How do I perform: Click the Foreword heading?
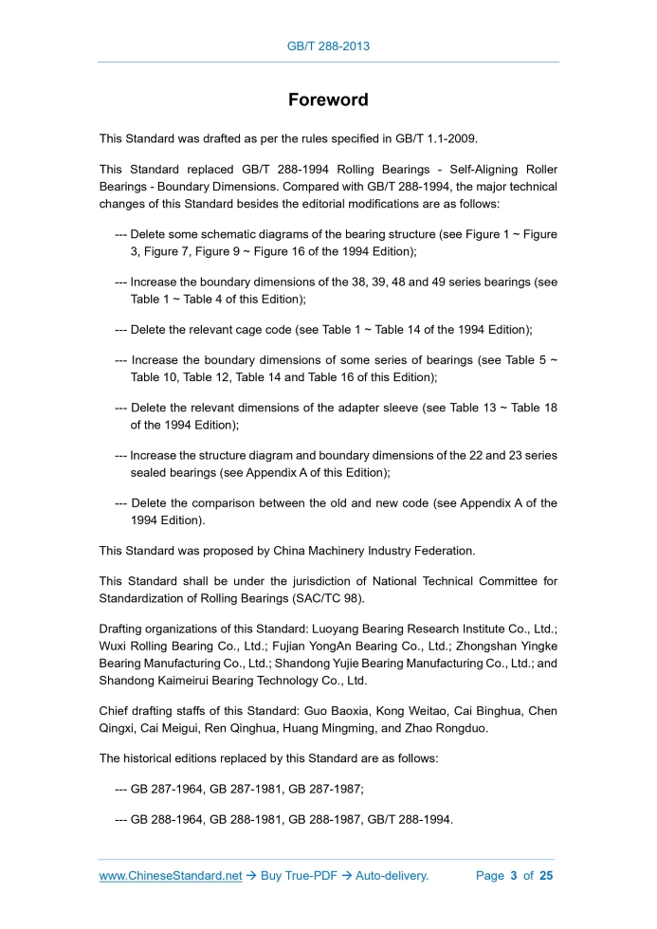click(328, 100)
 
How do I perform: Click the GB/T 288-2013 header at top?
click(328, 46)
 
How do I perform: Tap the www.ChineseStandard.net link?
click(171, 876)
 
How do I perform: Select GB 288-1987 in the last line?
click(329, 820)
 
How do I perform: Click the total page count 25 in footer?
click(545, 876)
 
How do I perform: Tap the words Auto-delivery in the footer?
click(392, 876)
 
